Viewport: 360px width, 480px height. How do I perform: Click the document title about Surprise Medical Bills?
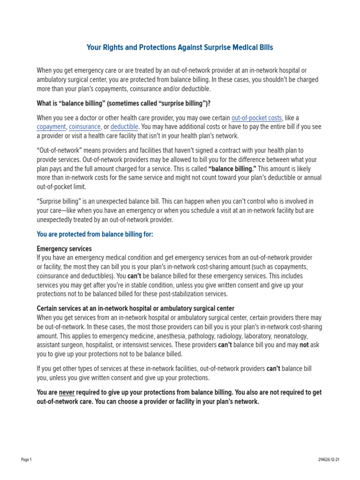tap(180, 47)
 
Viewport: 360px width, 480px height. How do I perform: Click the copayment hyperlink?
tap(51, 127)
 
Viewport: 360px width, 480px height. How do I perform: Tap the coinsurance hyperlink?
tap(85, 127)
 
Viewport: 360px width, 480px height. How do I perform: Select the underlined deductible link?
tap(124, 127)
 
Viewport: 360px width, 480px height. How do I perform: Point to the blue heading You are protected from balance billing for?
tap(95, 234)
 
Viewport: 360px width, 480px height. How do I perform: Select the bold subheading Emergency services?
tap(64, 249)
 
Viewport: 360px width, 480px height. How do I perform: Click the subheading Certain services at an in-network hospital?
tap(135, 308)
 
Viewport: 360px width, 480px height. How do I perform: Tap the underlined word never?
tap(67, 392)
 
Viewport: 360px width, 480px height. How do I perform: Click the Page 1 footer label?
tap(26, 460)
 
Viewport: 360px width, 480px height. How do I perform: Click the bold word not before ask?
tap(304, 345)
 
